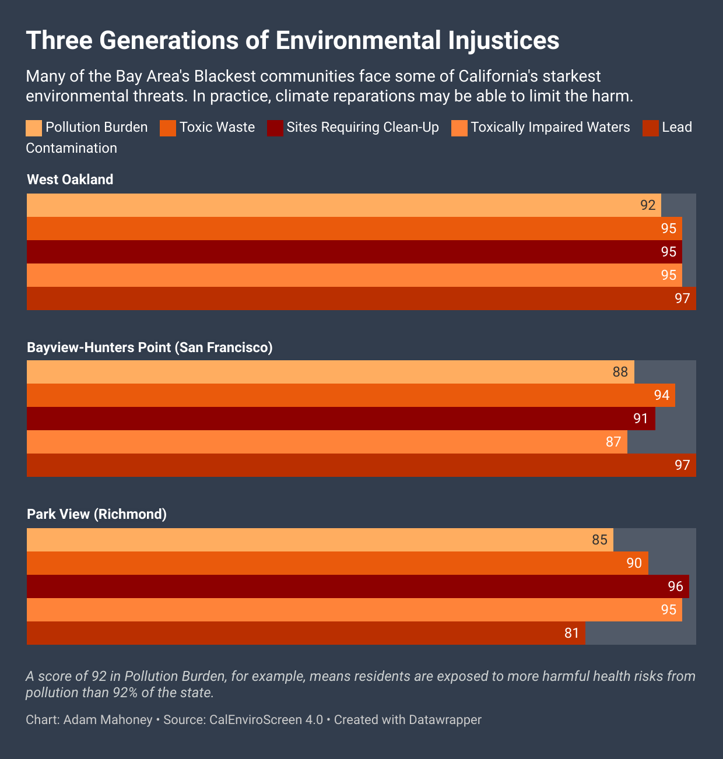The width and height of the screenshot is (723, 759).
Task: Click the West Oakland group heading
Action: (x=70, y=180)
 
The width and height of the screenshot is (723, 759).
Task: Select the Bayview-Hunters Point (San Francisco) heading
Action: (x=150, y=347)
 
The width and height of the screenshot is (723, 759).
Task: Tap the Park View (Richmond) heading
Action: (x=97, y=514)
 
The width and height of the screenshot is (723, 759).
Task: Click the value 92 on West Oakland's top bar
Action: (x=648, y=205)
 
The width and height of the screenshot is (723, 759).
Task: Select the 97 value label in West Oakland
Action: (x=682, y=298)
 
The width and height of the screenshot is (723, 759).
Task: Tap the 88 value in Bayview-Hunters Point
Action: (x=620, y=372)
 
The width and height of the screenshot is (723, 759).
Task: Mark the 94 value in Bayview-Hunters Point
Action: (x=661, y=395)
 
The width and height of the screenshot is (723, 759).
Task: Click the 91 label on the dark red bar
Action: (x=641, y=419)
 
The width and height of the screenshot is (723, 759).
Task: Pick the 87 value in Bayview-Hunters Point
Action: (x=613, y=442)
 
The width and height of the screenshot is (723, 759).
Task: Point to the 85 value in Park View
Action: (x=599, y=540)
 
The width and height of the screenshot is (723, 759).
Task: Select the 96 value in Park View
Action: (x=675, y=586)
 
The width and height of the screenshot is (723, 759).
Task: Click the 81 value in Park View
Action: (x=571, y=633)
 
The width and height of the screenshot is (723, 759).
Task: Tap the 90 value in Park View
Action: (x=634, y=563)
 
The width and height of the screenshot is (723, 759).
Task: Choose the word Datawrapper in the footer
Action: (x=445, y=720)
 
